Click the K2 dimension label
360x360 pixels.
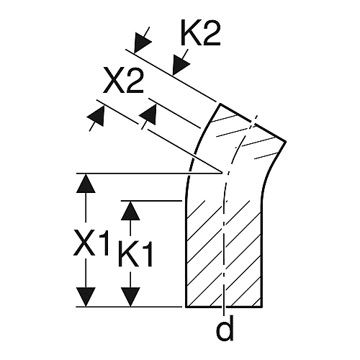coord(201,33)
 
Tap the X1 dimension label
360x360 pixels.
coord(91,243)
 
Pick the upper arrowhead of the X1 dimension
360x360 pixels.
coord(86,183)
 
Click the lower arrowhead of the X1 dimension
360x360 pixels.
coord(86,297)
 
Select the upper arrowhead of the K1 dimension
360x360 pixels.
coord(130,210)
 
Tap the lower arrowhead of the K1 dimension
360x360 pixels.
coord(130,297)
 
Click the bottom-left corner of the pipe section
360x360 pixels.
coord(186,307)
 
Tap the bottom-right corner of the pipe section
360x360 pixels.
coord(262,307)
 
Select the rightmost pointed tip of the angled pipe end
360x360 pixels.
coord(286,141)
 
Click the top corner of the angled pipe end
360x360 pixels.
coord(220,104)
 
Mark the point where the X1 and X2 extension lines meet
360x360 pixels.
coord(221,173)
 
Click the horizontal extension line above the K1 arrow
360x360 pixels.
coord(151,201)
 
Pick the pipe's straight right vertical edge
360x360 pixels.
coord(261,254)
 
